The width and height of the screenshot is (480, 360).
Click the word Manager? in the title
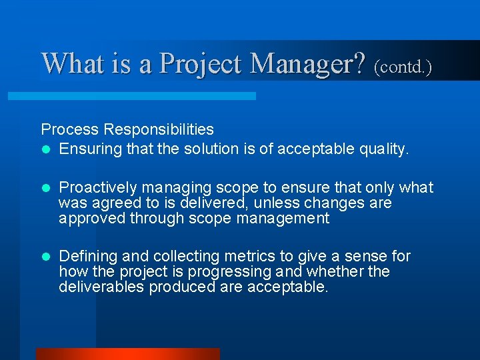(x=308, y=64)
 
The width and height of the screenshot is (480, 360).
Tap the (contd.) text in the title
(x=403, y=67)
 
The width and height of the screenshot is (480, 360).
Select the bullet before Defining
(x=45, y=257)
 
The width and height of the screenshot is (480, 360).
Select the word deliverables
(x=101, y=287)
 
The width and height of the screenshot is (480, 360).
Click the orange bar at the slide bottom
(x=127, y=354)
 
